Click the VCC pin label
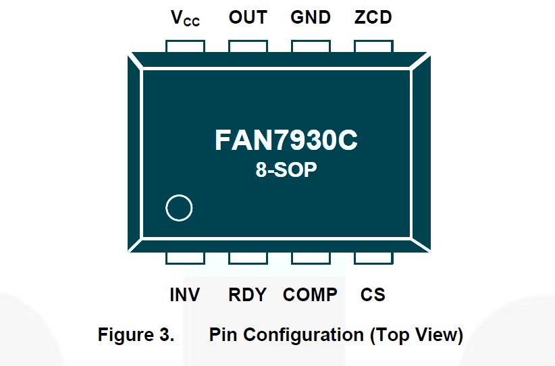tap(184, 18)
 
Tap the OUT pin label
tap(248, 17)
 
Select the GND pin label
tap(311, 17)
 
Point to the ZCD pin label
tap(373, 17)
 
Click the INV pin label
tap(184, 295)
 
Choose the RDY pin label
tap(247, 295)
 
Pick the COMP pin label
tap(310, 295)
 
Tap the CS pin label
tap(373, 295)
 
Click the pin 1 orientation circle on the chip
tap(179, 208)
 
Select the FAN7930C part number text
tap(286, 140)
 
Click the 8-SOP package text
tap(286, 170)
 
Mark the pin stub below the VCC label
tap(185, 45)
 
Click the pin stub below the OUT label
tap(248, 45)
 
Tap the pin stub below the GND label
tap(311, 45)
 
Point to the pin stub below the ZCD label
tap(373, 45)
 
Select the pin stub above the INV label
tap(185, 258)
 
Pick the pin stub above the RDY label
tap(248, 258)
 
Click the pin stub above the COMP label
tap(311, 258)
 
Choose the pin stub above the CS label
tap(373, 258)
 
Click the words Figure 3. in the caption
tap(136, 335)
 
